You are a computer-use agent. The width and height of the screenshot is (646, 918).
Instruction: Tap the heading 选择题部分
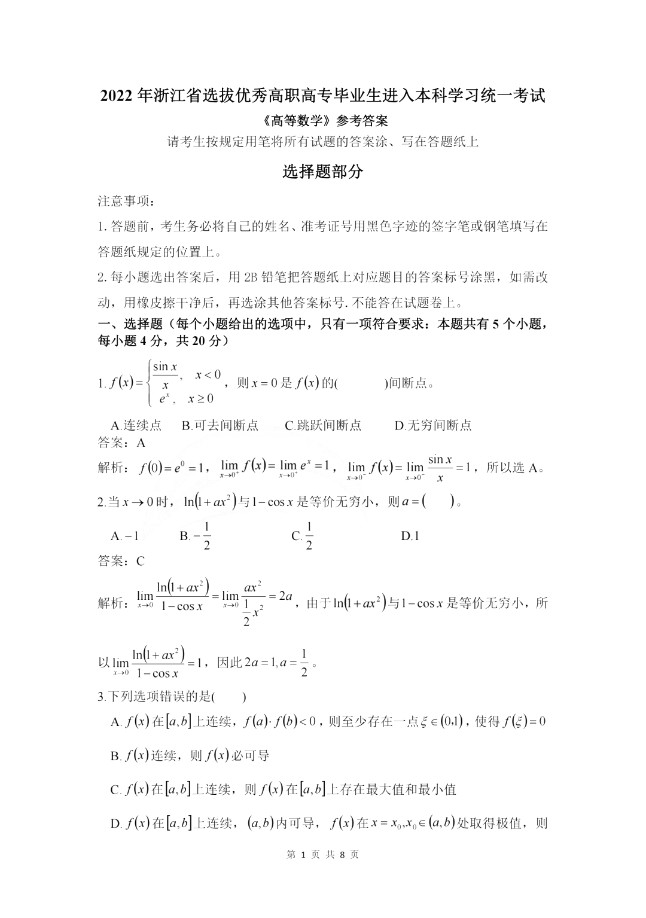322,172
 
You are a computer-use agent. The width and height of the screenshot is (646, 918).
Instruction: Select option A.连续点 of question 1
136,425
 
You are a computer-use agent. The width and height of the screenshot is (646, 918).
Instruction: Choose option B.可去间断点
220,425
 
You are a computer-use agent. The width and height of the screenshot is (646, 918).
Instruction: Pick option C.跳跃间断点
323,425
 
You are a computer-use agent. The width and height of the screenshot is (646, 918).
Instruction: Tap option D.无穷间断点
433,425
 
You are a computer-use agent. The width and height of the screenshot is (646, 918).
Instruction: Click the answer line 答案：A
121,443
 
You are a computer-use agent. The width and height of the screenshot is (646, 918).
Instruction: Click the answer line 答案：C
121,562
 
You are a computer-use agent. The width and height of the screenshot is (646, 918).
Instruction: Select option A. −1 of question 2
125,536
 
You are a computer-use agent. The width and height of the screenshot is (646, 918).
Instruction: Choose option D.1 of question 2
410,536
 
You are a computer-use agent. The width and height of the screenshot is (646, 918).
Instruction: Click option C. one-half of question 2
303,536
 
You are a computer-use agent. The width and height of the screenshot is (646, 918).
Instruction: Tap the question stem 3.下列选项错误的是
172,697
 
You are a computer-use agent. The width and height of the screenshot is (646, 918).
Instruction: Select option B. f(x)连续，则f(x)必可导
190,756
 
